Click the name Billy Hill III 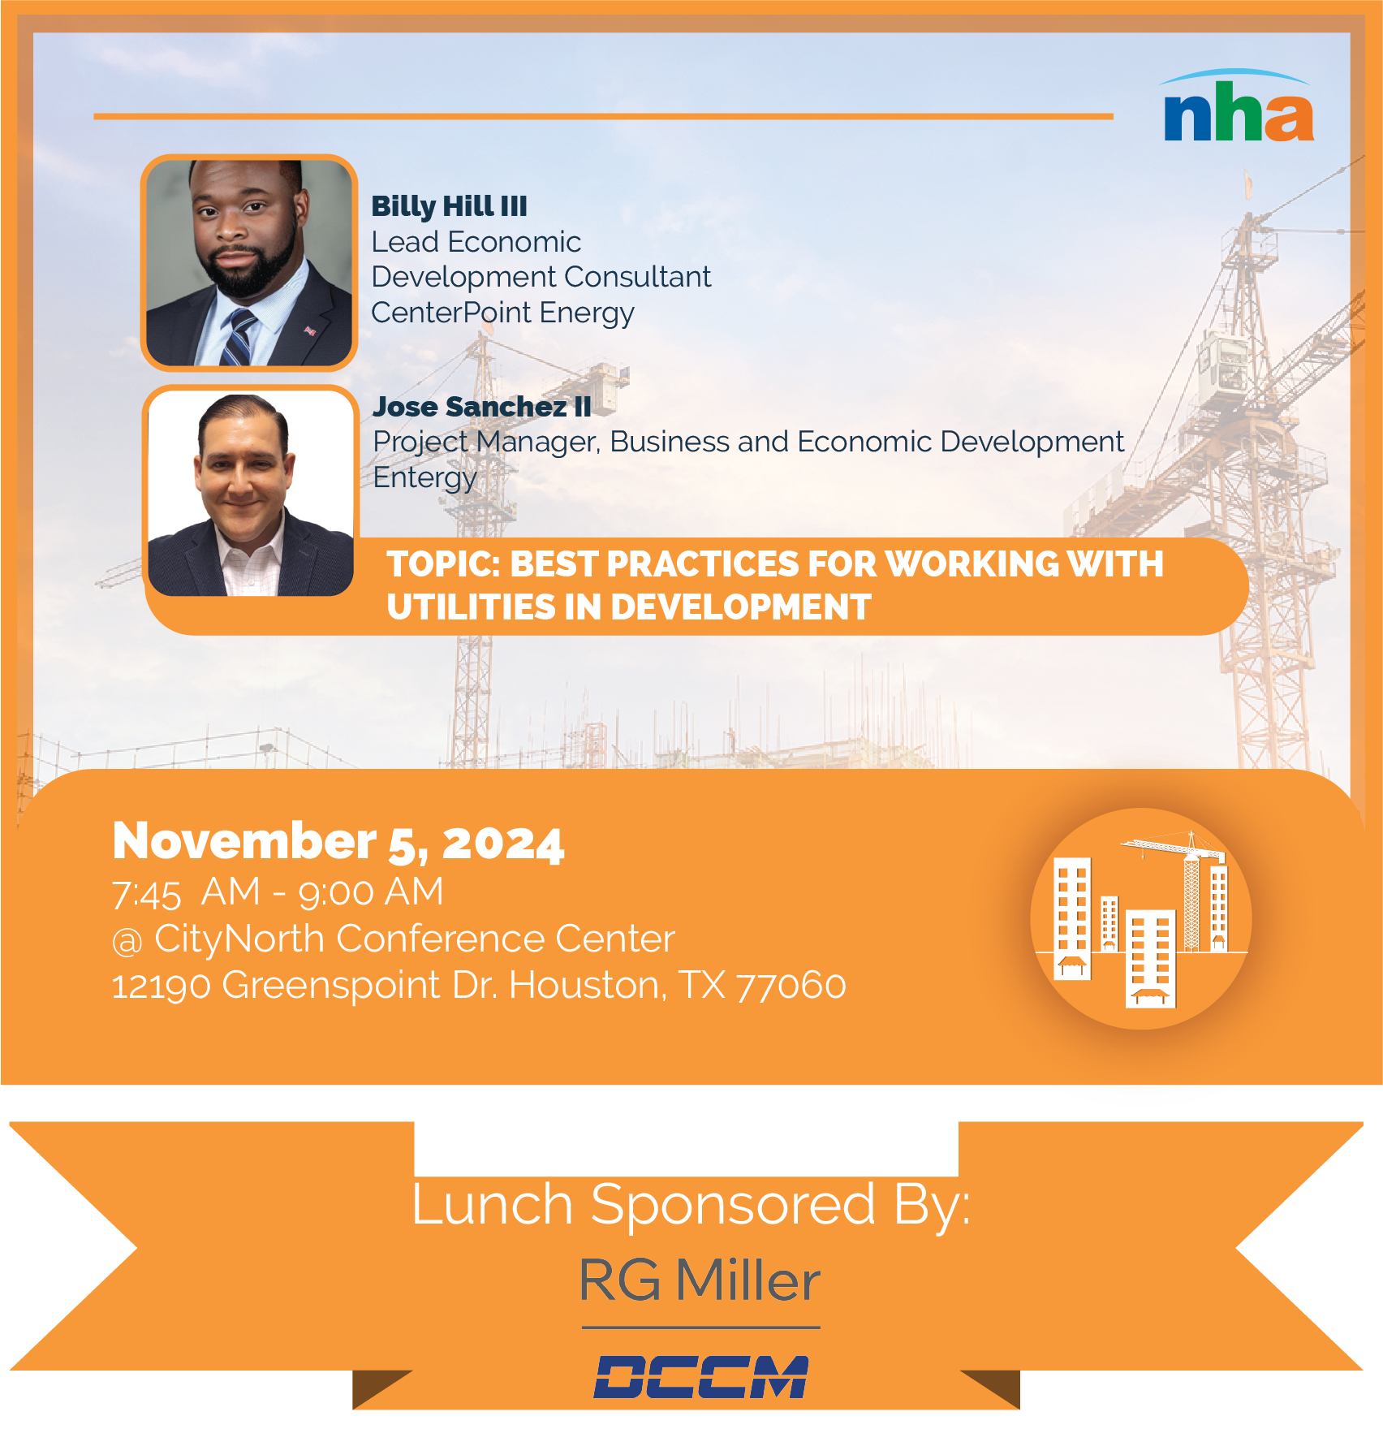pos(449,206)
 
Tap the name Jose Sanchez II pos(482,406)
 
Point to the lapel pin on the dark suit pos(309,330)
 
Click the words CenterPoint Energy pos(502,313)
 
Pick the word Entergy pos(424,477)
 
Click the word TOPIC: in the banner pos(443,564)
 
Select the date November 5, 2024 pos(338,841)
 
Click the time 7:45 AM pos(186,892)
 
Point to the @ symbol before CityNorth pos(127,941)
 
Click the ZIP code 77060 pos(791,986)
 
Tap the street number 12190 pos(161,986)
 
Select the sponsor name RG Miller pos(700,1280)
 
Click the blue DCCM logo pos(701,1377)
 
